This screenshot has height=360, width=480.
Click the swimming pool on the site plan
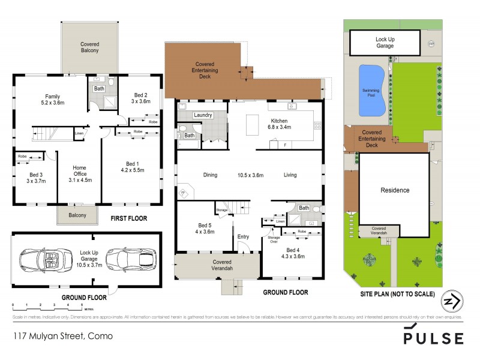371,91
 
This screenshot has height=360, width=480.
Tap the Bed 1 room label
131,167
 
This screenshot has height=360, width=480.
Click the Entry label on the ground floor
243,236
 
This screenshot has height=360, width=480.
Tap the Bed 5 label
204,229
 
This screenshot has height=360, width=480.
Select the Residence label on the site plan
395,190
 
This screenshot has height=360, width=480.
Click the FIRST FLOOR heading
128,218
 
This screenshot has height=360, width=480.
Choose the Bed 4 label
294,253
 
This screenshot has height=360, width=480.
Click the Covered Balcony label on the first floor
89,47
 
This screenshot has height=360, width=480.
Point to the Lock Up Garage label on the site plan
385,43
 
